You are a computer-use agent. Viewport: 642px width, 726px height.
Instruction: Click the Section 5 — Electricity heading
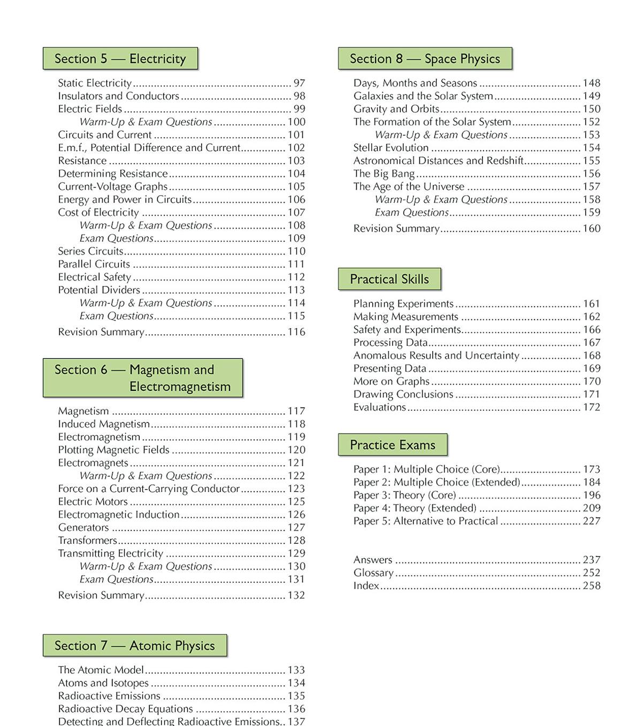[x=120, y=59]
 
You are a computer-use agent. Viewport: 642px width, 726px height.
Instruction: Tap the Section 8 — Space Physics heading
[x=425, y=59]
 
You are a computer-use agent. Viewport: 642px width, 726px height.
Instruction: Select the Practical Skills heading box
[x=389, y=279]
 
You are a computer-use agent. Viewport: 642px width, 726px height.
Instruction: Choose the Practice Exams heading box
[x=393, y=445]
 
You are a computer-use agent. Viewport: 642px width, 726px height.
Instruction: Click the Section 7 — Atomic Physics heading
[x=135, y=646]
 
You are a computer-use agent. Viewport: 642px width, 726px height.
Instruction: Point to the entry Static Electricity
[x=95, y=83]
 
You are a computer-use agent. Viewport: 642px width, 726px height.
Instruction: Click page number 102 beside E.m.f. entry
[x=296, y=148]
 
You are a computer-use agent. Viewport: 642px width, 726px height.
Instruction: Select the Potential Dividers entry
[x=99, y=290]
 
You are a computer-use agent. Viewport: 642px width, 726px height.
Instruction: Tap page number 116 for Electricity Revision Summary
[x=296, y=332]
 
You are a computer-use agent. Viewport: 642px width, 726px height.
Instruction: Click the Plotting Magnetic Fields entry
[x=113, y=450]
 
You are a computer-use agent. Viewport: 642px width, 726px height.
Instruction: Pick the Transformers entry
[x=87, y=540]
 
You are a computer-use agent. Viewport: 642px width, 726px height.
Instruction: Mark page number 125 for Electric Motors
[x=296, y=502]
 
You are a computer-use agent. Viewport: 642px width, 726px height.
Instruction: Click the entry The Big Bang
[x=384, y=174]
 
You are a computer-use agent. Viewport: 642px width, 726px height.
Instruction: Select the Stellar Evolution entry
[x=391, y=148]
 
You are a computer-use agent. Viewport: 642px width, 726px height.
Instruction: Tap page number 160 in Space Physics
[x=592, y=229]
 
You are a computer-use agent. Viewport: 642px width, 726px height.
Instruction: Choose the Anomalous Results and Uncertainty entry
[x=436, y=356]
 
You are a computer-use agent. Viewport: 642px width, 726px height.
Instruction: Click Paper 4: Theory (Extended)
[x=415, y=508]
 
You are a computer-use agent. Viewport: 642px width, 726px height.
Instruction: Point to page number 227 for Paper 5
[x=592, y=521]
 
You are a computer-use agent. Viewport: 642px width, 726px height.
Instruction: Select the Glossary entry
[x=373, y=573]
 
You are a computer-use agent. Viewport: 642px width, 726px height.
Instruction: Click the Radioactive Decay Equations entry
[x=125, y=709]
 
